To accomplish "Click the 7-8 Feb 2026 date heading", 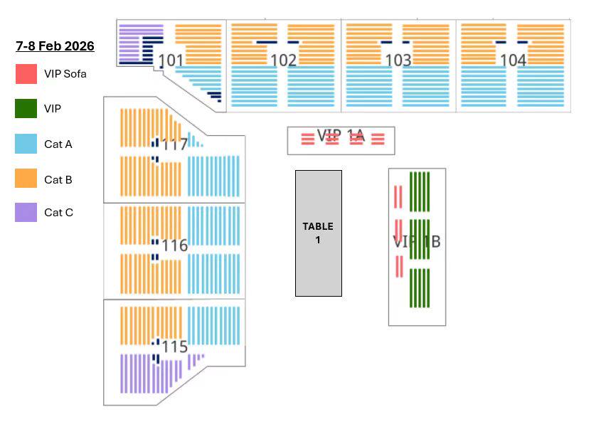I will pyautogui.click(x=55, y=46).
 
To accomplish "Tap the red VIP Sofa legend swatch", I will pyautogui.click(x=26, y=74).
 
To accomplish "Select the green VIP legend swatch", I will pyautogui.click(x=26, y=109).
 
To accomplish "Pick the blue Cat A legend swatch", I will pyautogui.click(x=26, y=144).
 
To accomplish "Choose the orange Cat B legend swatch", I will pyautogui.click(x=26, y=179).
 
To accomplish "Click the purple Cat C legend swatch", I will pyautogui.click(x=26, y=212).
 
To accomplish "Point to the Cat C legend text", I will pyautogui.click(x=58, y=212).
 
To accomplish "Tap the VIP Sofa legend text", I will pyautogui.click(x=65, y=74).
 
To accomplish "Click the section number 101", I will pyautogui.click(x=171, y=60).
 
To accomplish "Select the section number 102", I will pyautogui.click(x=283, y=60).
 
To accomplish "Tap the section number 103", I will pyautogui.click(x=398, y=60).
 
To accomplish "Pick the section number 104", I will pyautogui.click(x=514, y=60).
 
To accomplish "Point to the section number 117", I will pyautogui.click(x=174, y=145).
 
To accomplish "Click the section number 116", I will pyautogui.click(x=174, y=245).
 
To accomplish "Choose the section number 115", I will pyautogui.click(x=174, y=346).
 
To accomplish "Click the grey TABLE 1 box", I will pyautogui.click(x=318, y=233).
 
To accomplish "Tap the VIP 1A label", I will pyautogui.click(x=340, y=135).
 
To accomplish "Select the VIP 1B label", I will pyautogui.click(x=417, y=242).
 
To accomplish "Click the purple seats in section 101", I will pyautogui.click(x=130, y=43).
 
